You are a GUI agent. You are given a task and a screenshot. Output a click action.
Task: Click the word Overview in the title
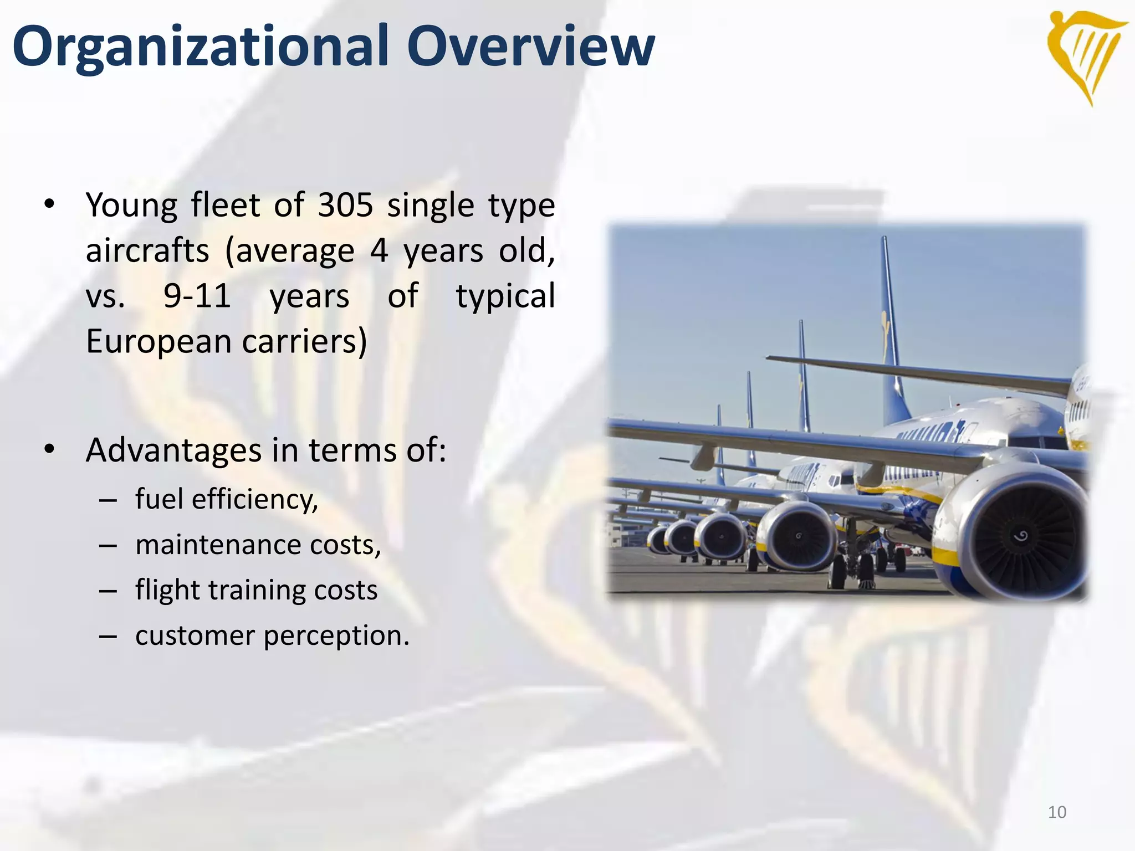530,47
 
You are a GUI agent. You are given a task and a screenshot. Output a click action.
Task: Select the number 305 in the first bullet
345,205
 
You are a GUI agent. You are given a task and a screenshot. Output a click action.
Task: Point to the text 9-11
197,295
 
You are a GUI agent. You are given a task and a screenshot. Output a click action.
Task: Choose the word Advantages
173,450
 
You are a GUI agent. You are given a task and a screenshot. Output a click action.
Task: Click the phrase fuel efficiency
227,499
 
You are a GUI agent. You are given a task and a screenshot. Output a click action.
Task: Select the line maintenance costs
258,545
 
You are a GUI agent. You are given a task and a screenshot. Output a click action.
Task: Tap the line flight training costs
256,589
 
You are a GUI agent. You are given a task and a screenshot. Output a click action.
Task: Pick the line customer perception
272,635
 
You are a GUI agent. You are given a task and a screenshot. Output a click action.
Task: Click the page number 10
1057,812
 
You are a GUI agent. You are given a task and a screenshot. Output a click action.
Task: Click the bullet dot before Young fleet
50,205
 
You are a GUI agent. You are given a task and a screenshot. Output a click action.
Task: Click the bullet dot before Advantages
50,450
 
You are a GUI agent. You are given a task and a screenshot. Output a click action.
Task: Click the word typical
505,295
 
